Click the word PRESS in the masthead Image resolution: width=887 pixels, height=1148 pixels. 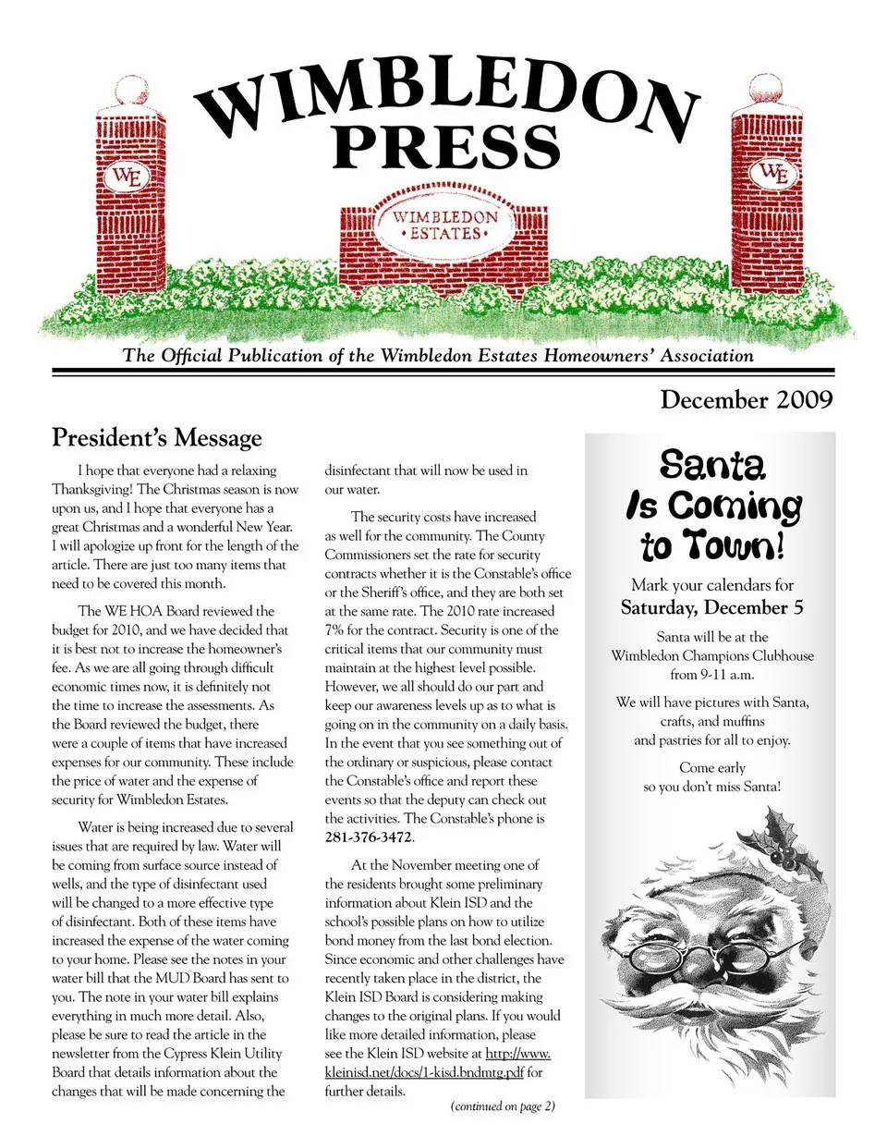click(446, 145)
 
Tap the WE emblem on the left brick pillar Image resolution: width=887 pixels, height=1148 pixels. click(126, 176)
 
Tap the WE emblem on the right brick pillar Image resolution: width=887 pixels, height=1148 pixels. click(773, 173)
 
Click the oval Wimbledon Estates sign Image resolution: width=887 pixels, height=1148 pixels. click(445, 225)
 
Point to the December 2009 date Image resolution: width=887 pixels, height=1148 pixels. click(746, 399)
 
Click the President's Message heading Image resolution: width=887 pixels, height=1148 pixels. click(157, 437)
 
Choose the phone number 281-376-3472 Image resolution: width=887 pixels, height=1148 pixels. click(368, 837)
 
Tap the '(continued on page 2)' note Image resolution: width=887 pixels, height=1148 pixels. click(503, 1106)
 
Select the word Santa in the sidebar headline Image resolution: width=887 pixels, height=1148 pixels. click(712, 464)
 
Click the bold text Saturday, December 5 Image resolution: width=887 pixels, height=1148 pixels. click(711, 607)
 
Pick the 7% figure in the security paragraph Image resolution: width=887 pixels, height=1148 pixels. click(334, 629)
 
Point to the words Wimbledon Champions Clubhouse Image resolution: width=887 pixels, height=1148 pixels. click(712, 655)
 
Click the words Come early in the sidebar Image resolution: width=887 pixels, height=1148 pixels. click(711, 767)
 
